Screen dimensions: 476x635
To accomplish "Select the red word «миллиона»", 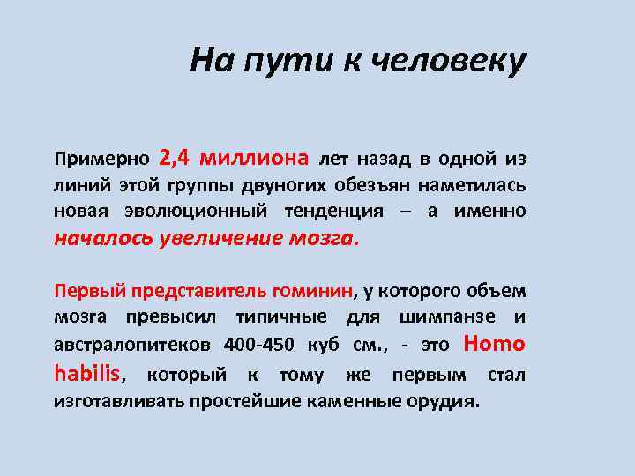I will (x=255, y=159).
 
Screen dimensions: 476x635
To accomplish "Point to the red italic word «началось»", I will (x=103, y=238).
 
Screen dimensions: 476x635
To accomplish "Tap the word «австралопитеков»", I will (x=131, y=344).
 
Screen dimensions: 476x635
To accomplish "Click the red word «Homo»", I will (x=494, y=343).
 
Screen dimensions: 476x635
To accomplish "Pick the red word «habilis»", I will (x=86, y=373).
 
